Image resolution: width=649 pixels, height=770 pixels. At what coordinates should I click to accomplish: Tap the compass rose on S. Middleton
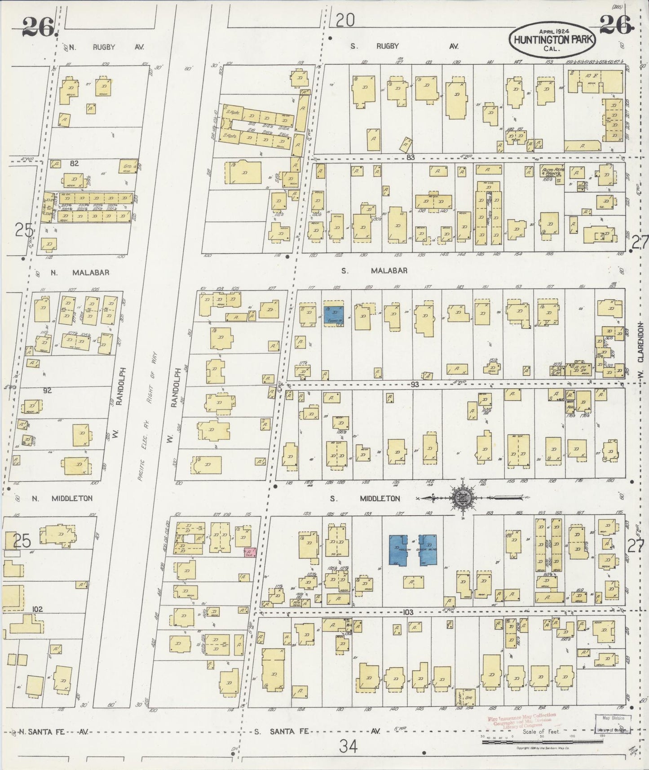(x=462, y=497)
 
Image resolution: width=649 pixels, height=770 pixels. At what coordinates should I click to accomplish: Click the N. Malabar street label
(x=72, y=272)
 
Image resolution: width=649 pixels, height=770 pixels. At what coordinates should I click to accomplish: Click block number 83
(x=409, y=157)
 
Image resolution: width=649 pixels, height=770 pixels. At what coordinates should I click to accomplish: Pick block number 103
(x=407, y=612)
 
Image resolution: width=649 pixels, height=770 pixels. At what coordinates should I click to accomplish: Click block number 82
(x=74, y=164)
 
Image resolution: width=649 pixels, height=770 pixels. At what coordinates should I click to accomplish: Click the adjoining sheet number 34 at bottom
(x=348, y=747)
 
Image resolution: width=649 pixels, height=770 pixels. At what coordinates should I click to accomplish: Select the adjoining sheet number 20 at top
(x=345, y=20)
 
